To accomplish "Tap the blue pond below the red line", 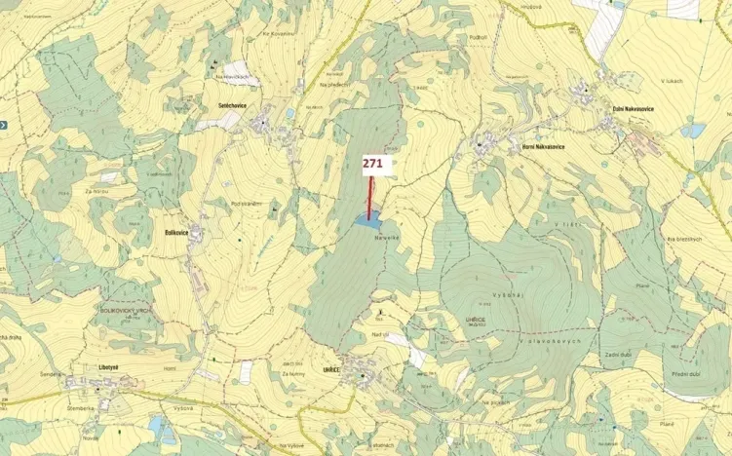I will click(367, 222).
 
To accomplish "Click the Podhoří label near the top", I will click(477, 37).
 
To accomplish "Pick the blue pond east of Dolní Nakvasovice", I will click(693, 130).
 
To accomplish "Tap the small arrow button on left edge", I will click(4, 125).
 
